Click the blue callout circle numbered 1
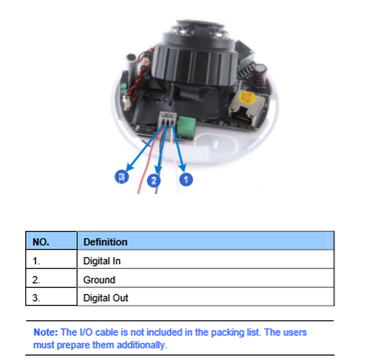[x=186, y=179]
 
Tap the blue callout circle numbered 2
[x=154, y=181]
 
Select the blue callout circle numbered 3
[x=121, y=176]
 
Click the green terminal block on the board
[x=186, y=127]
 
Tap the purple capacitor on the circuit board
[x=260, y=75]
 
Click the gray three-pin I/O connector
[x=167, y=119]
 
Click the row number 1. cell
[x=51, y=259]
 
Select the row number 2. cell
[x=51, y=278]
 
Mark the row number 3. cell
[x=51, y=296]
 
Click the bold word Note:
[x=46, y=332]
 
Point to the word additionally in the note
[x=142, y=345]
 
